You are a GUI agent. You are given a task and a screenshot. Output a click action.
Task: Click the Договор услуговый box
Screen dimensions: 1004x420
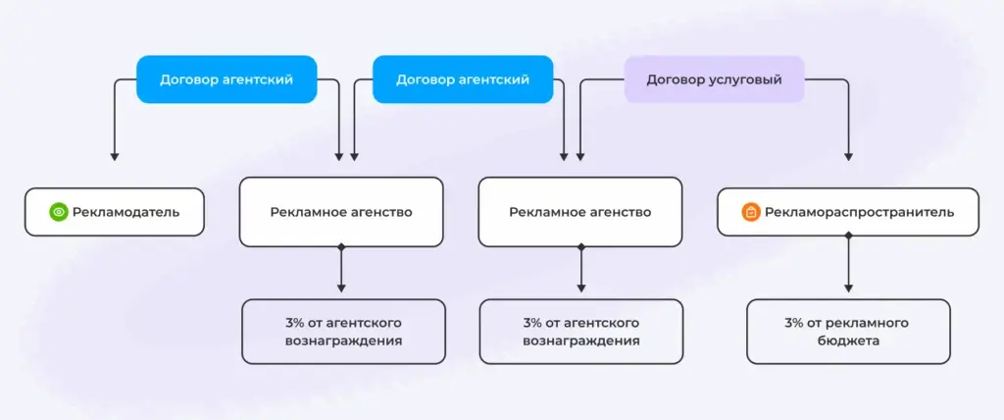tap(714, 79)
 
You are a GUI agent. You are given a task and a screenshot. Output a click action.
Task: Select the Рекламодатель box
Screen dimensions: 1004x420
tap(115, 212)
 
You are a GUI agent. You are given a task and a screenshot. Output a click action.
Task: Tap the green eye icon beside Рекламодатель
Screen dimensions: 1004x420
tap(58, 212)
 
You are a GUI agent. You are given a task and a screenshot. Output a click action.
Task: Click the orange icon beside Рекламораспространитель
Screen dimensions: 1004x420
tap(751, 212)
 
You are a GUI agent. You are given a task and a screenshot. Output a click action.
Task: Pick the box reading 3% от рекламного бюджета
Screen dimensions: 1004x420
tap(848, 332)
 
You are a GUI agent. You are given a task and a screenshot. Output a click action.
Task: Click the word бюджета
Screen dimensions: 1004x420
tap(848, 341)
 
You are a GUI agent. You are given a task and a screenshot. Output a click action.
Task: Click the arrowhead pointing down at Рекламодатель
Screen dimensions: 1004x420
tap(115, 156)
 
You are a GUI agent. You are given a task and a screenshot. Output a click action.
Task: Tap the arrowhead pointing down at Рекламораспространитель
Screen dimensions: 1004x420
tap(848, 156)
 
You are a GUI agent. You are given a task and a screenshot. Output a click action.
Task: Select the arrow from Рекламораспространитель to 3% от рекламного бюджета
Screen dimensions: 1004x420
tap(848, 264)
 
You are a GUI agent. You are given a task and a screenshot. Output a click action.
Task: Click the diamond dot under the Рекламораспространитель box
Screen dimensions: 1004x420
tap(848, 236)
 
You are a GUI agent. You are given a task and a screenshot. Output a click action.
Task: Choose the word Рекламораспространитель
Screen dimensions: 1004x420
tap(859, 212)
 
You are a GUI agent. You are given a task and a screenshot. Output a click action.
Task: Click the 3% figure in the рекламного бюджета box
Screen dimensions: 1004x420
tap(794, 323)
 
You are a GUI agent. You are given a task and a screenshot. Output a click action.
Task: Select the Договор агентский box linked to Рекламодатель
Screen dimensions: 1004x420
tap(226, 79)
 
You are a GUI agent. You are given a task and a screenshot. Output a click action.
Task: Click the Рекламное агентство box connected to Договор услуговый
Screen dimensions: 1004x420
tap(580, 212)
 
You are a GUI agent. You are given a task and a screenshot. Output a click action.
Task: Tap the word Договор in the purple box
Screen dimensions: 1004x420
tap(675, 80)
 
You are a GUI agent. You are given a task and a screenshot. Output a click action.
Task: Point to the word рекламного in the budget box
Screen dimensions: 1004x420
tap(869, 323)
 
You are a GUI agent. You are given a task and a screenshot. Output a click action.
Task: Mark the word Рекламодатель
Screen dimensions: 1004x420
tap(126, 212)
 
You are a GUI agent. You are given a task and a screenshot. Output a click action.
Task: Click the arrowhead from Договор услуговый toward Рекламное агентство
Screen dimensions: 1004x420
tap(580, 156)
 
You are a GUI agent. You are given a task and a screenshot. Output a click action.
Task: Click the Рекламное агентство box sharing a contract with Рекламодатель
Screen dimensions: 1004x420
tap(341, 212)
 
